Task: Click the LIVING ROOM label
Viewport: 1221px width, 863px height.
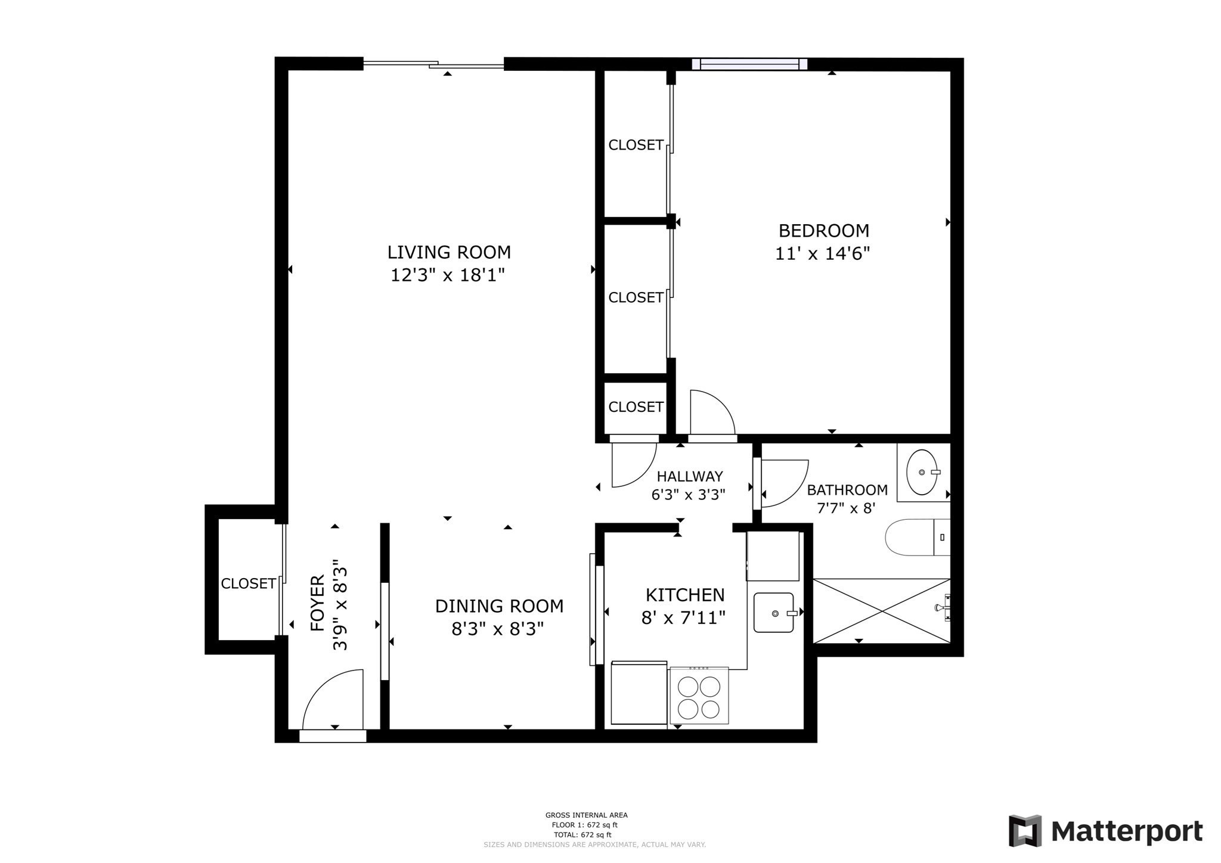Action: pyautogui.click(x=449, y=252)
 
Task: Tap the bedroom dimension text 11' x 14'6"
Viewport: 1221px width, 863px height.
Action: pyautogui.click(x=822, y=254)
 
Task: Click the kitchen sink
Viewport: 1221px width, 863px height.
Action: pyautogui.click(x=773, y=612)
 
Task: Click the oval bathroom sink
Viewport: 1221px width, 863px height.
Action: pyautogui.click(x=922, y=472)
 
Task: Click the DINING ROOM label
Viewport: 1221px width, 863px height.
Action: pyautogui.click(x=499, y=606)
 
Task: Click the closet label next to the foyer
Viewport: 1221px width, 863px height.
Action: pyautogui.click(x=248, y=583)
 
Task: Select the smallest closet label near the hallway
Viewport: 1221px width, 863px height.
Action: pyautogui.click(x=636, y=406)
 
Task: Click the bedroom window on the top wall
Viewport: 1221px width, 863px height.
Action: pyautogui.click(x=749, y=64)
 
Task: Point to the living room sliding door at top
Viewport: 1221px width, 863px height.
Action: pyautogui.click(x=434, y=64)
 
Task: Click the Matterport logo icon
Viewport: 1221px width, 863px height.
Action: pyautogui.click(x=1025, y=830)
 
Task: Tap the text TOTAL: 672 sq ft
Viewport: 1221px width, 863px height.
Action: pyautogui.click(x=582, y=835)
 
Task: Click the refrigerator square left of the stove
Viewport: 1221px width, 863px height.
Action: pyautogui.click(x=639, y=693)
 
